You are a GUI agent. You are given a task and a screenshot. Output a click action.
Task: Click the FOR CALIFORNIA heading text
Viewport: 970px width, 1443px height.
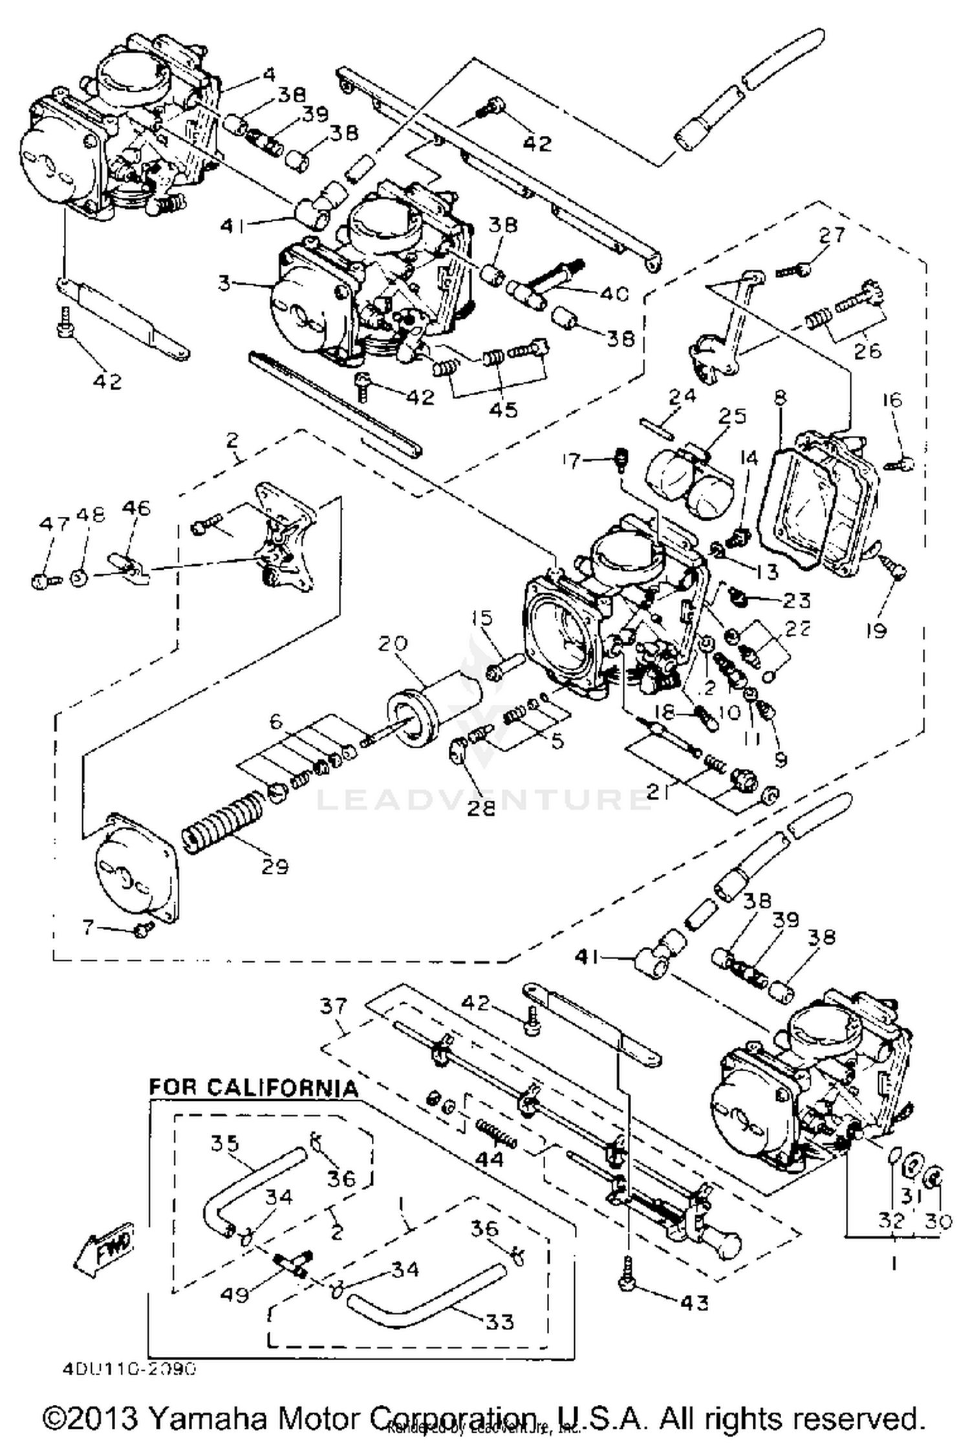(x=253, y=1087)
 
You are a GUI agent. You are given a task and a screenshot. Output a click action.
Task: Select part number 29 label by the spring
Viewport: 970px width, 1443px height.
(x=274, y=866)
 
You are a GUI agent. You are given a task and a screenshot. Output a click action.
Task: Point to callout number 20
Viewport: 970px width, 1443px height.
(x=393, y=644)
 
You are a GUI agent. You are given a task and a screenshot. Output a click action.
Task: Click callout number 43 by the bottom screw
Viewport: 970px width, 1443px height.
(x=695, y=1301)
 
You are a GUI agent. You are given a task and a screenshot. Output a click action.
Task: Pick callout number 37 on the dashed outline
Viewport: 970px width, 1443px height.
(x=334, y=1006)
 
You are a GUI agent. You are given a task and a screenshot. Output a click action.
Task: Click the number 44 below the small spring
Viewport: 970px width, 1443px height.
(x=489, y=1158)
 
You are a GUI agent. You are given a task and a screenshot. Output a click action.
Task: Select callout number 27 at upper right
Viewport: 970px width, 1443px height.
(x=832, y=235)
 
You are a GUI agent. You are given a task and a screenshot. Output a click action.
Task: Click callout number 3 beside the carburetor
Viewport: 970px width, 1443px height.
(x=224, y=283)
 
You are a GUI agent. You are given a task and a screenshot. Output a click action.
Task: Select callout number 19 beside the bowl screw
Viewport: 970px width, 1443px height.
(x=876, y=629)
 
